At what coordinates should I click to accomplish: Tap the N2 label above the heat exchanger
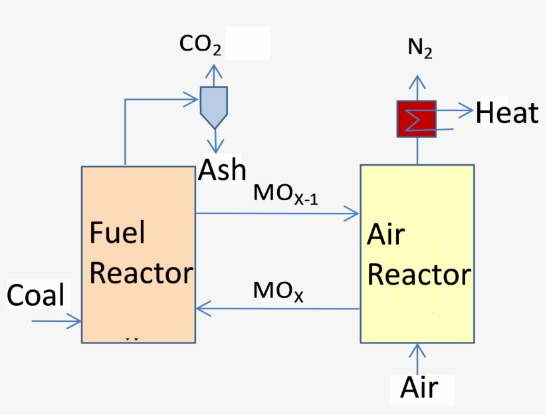[419, 49]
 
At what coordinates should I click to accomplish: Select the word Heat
[506, 113]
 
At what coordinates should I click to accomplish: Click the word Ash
[222, 170]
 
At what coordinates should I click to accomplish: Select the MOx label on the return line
[278, 291]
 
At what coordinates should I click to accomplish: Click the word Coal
[36, 295]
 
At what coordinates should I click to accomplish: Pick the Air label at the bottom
[419, 387]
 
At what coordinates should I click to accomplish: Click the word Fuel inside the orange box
[117, 233]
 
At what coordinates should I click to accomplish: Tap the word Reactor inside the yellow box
[419, 275]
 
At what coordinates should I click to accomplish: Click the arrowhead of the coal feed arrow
[76, 322]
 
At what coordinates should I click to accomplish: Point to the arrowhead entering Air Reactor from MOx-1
[353, 213]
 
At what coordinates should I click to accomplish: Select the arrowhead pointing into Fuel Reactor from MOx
[202, 308]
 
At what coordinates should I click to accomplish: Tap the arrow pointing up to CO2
[214, 69]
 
